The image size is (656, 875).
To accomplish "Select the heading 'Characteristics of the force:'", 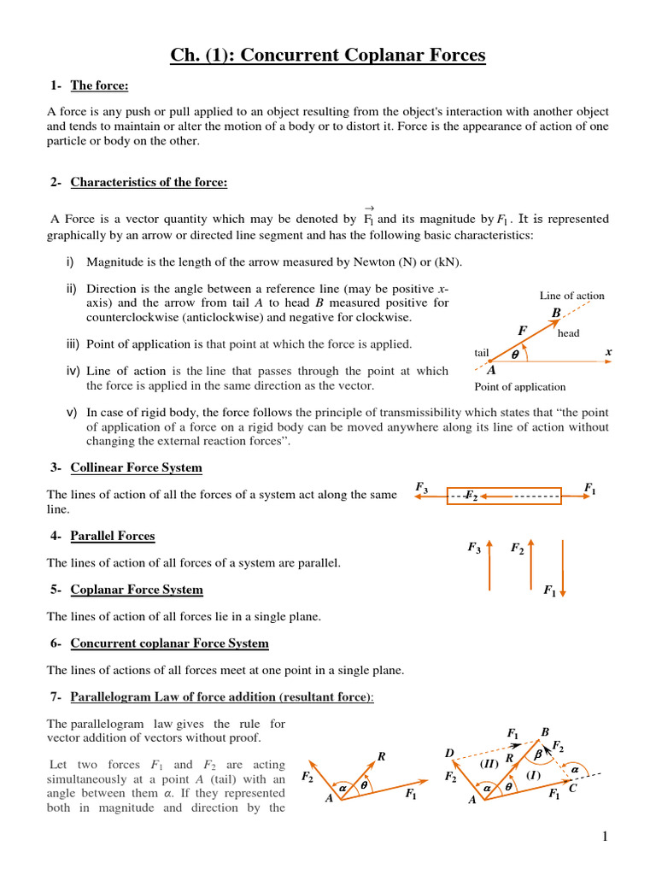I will point(149,182).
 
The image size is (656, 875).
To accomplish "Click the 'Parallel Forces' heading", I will point(113,536).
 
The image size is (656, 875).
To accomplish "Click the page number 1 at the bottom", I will point(604,837).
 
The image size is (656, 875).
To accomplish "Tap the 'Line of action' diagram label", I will point(571,296).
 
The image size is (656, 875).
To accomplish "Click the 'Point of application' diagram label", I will point(519,386).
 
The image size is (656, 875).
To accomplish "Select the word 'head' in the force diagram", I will point(568,333).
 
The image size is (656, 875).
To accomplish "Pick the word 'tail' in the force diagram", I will point(481,352).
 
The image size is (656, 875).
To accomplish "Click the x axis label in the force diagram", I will point(608,351).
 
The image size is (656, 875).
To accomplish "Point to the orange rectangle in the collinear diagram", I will point(504,496).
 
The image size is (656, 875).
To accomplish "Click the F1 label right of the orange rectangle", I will point(589,488).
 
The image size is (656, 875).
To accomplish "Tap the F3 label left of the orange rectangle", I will point(421,487).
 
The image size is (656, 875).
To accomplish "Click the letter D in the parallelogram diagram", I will point(449,752).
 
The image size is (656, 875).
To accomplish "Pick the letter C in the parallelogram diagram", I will point(572,788).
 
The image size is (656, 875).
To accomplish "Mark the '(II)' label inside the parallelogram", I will point(488,762).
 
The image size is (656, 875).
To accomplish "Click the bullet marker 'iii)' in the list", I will point(73,344).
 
